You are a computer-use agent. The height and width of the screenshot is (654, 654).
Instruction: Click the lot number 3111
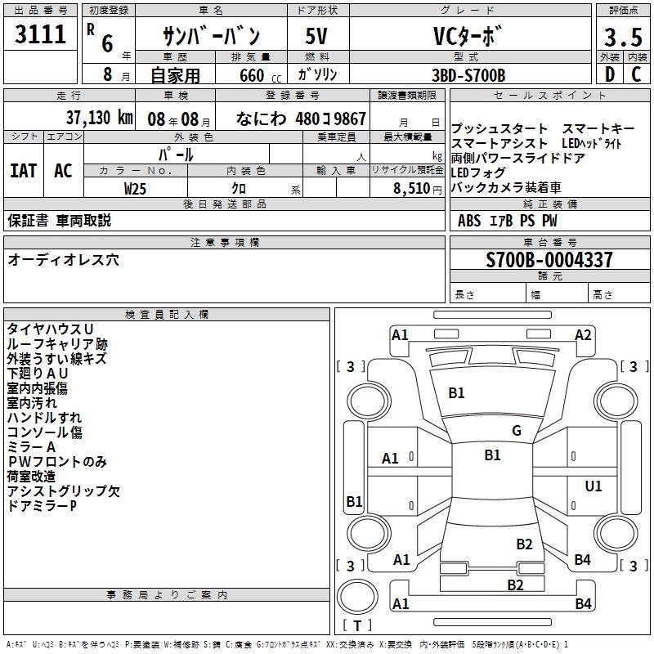pos(40,34)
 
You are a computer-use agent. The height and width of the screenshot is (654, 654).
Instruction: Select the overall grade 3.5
pos(623,37)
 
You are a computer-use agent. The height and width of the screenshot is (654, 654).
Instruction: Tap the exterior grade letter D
pos(610,74)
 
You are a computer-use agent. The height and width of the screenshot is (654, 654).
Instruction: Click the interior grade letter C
pos(636,74)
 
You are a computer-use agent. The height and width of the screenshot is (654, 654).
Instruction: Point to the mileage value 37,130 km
pos(99,118)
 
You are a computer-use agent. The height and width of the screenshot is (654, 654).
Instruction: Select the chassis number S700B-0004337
pos(549,260)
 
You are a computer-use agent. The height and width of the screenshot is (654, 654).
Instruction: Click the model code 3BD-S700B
pos(468,75)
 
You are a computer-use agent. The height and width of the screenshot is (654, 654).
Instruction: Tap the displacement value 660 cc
pos(260,76)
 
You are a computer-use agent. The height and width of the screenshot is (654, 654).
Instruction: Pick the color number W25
pos(135,189)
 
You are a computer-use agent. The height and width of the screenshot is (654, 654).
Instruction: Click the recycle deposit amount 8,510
pos(411,189)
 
